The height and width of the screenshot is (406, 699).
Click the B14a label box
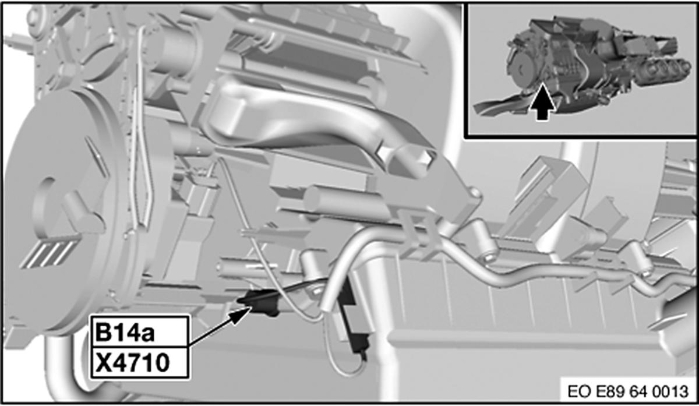[140, 331]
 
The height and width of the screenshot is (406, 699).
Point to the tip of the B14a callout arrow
[252, 307]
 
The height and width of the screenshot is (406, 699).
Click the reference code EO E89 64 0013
[628, 391]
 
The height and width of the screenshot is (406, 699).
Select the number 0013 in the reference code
[670, 391]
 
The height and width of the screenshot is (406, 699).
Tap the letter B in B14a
[105, 333]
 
